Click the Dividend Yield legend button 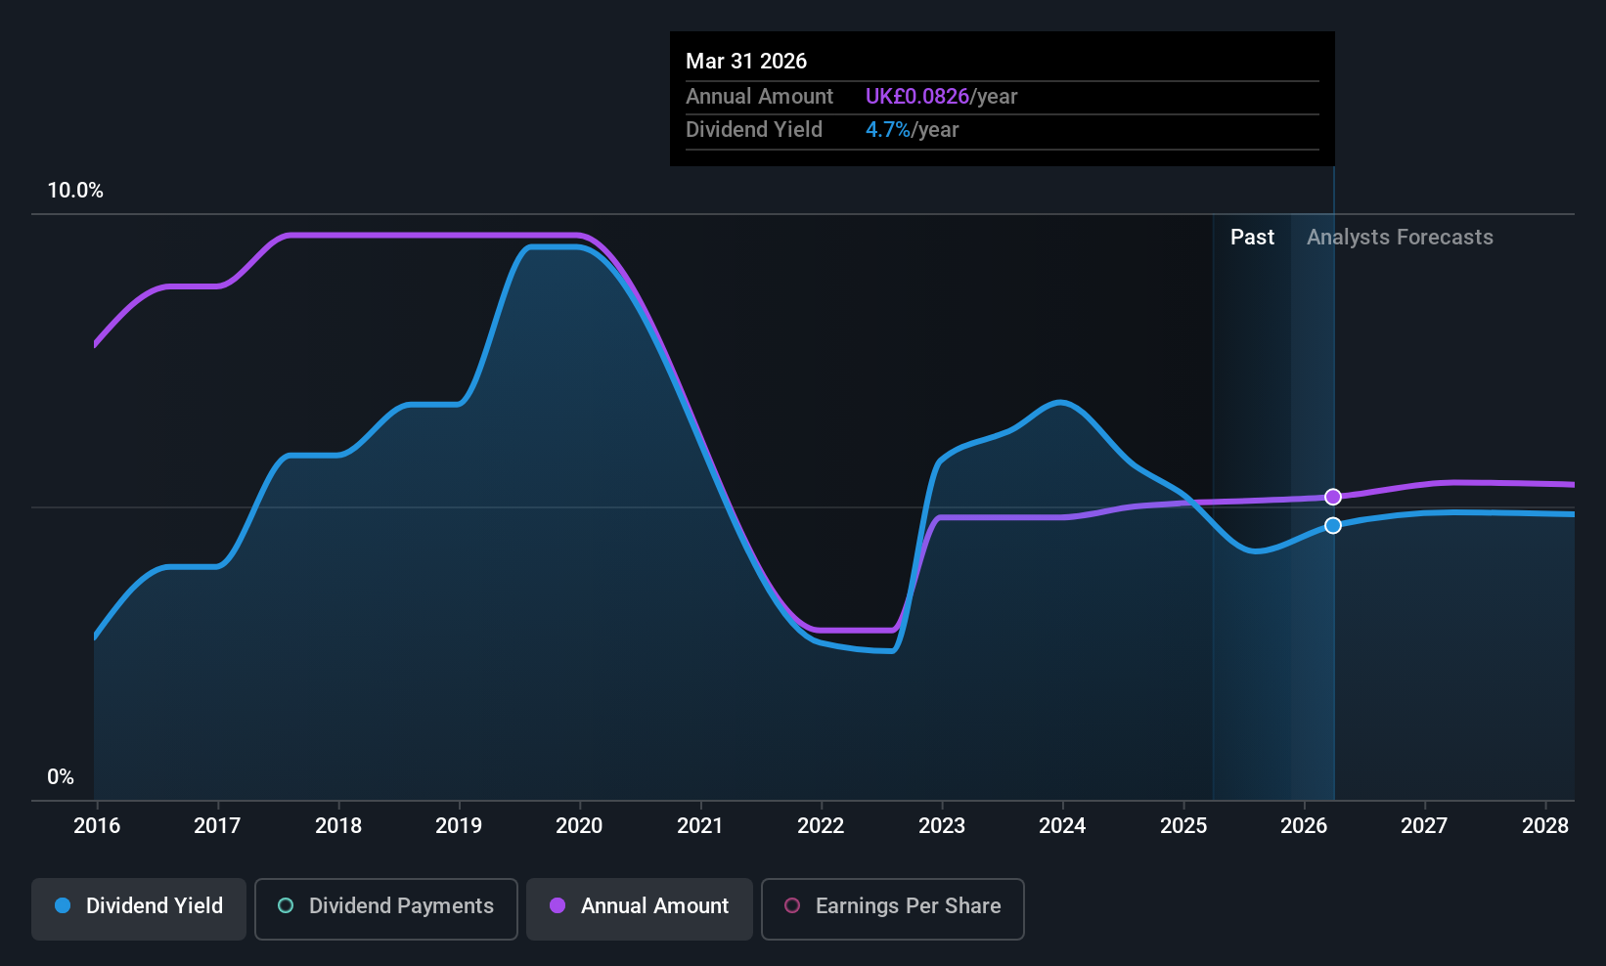click(x=139, y=906)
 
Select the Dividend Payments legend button click(x=386, y=906)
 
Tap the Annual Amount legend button click(x=640, y=906)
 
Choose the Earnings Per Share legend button click(x=892, y=906)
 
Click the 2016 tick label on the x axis click(x=97, y=826)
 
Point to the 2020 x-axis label click(x=579, y=826)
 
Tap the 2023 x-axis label click(x=941, y=826)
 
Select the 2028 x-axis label click(x=1544, y=826)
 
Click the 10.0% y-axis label click(x=75, y=191)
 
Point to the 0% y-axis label click(x=61, y=777)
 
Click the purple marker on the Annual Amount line click(x=1333, y=497)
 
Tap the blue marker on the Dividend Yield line click(x=1333, y=526)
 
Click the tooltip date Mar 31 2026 click(x=746, y=62)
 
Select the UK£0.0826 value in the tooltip click(x=916, y=97)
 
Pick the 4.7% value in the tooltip click(x=887, y=130)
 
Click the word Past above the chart click(x=1252, y=238)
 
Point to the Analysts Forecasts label click(x=1400, y=238)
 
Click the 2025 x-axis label click(x=1182, y=826)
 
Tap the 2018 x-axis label click(x=338, y=826)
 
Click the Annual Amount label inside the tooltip click(x=759, y=97)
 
